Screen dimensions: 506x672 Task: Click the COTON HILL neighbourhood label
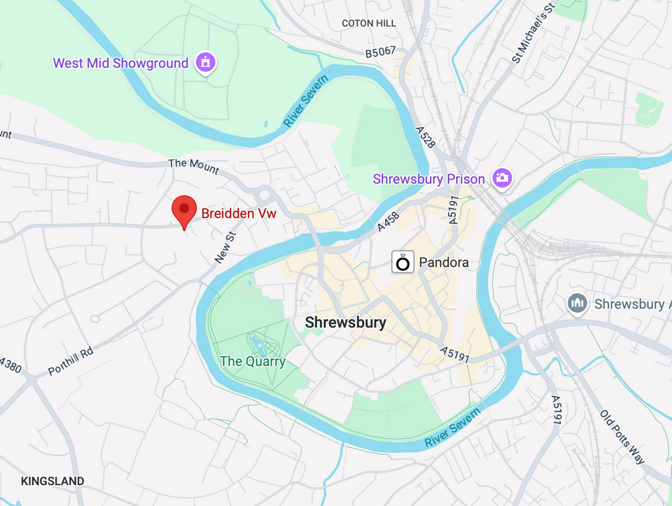369,23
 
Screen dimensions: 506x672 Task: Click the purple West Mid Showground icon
205,62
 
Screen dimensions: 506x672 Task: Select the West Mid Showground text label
120,63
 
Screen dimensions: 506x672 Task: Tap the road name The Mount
193,167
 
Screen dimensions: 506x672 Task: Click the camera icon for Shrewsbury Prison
501,178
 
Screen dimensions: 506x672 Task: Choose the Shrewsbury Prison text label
428,179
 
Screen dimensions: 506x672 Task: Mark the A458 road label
388,222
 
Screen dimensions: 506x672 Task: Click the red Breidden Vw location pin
184,209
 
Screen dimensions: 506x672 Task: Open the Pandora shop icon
402,262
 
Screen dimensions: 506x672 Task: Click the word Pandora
444,263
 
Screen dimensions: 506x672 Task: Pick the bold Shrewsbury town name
345,323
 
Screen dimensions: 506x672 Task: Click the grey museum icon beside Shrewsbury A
577,304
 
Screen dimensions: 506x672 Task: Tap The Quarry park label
253,362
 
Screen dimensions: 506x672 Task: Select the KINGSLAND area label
52,481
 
